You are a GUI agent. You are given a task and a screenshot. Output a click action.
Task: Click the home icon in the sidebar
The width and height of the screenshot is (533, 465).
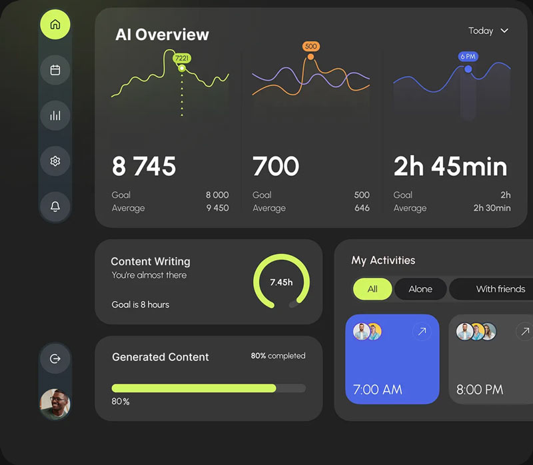(x=55, y=25)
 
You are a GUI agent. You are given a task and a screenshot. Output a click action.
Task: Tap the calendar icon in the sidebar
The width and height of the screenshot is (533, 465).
(x=55, y=70)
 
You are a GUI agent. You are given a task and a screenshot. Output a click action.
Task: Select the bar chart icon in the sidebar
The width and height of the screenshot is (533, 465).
(x=55, y=115)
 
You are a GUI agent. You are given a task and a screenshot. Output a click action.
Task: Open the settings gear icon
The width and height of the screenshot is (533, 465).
(x=55, y=161)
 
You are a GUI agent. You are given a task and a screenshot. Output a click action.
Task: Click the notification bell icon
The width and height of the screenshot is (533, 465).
(x=55, y=207)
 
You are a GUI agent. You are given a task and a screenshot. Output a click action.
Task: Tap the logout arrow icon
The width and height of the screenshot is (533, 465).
(x=55, y=358)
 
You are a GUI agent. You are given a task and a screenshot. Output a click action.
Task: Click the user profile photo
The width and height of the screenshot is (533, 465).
(x=55, y=404)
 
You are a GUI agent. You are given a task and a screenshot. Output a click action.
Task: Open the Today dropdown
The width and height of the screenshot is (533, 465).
(x=488, y=31)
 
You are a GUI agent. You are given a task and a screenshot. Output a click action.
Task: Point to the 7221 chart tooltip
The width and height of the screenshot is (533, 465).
(x=182, y=58)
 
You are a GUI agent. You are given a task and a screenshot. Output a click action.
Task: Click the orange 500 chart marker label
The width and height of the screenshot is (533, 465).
(x=310, y=46)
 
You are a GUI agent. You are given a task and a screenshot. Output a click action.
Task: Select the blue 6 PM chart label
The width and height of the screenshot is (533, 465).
(x=468, y=57)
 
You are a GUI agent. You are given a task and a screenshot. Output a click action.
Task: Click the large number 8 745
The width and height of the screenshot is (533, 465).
(x=144, y=167)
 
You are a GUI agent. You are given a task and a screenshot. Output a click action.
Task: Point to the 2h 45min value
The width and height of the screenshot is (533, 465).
(x=450, y=167)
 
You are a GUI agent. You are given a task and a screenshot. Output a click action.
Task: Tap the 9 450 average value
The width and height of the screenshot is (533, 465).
(x=217, y=208)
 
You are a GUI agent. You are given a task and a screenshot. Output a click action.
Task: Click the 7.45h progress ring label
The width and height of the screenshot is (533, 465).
(x=281, y=282)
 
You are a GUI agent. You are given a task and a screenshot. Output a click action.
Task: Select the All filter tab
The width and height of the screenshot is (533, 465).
(x=372, y=288)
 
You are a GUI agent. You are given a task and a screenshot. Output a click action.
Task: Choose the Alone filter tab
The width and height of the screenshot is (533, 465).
(x=420, y=288)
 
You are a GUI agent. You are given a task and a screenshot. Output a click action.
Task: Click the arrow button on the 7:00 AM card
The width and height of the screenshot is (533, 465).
(x=421, y=331)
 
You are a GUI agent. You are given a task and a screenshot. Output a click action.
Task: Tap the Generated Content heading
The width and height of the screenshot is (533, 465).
(x=161, y=357)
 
